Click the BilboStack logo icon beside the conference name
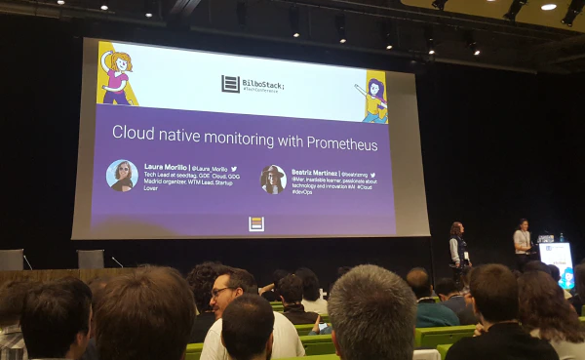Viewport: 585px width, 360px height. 230,84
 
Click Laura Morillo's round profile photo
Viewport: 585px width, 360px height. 122,176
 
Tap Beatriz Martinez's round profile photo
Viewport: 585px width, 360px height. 273,179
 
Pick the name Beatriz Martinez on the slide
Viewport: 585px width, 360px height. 316,172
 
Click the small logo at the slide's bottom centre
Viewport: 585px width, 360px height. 256,223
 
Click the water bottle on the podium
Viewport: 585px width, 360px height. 562,237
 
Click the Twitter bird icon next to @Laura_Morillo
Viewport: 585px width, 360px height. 234,169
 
